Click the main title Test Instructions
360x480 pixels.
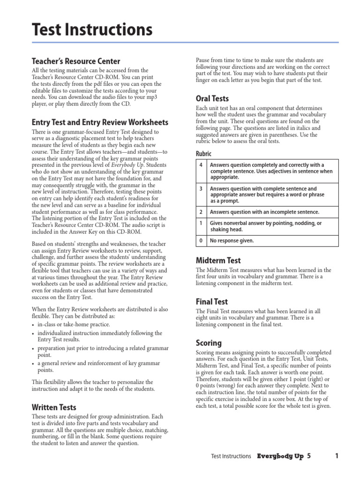[x=92, y=30]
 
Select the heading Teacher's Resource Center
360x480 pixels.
[x=75, y=61]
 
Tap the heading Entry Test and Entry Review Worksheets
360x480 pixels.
[x=100, y=122]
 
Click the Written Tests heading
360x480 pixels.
[x=54, y=407]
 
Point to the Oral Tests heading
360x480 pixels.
[x=212, y=98]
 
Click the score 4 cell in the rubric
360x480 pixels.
[x=201, y=165]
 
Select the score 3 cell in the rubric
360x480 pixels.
[x=201, y=189]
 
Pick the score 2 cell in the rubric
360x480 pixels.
[x=201, y=212]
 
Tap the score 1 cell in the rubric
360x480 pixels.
[x=201, y=224]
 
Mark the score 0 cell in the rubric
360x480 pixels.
[x=201, y=241]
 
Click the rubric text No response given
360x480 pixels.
[x=232, y=241]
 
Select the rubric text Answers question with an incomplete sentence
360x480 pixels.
[x=264, y=212]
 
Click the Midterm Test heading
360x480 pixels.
[x=218, y=260]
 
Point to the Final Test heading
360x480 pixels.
[x=212, y=302]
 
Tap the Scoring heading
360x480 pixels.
[x=209, y=343]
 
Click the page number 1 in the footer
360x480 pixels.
[x=337, y=456]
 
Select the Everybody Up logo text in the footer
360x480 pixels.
[x=280, y=456]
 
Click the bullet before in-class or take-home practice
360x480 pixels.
[x=33, y=325]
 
